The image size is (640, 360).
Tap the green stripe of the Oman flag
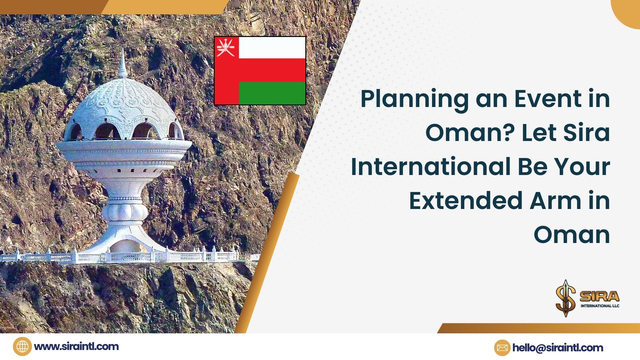[272, 93]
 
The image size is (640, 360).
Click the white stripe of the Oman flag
[272, 48]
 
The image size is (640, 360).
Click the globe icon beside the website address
[22, 347]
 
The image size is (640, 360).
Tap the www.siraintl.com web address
[76, 347]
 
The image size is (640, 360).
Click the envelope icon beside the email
[502, 348]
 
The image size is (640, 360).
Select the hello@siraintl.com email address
[558, 348]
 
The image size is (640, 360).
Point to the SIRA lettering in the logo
[599, 296]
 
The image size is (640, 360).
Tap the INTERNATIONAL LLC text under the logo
[600, 306]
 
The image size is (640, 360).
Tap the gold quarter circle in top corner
[628, 12]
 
